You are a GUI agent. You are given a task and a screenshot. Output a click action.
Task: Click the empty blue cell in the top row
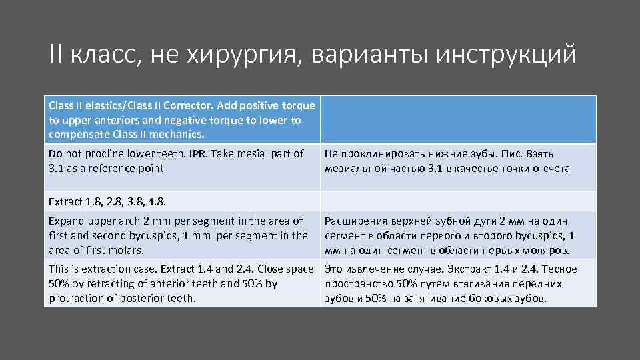pos(458,120)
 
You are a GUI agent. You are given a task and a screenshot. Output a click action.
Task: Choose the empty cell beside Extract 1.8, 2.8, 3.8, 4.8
pos(458,200)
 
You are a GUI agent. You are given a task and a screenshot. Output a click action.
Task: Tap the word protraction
pos(76,298)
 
